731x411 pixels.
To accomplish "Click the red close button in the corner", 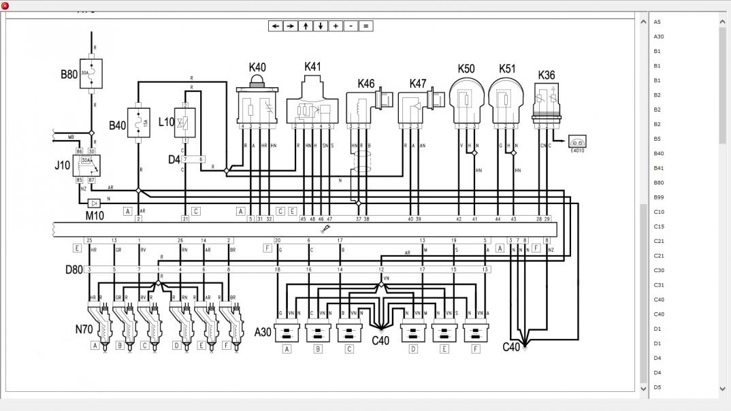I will (x=5, y=5).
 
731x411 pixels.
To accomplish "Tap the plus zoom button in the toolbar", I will (x=336, y=26).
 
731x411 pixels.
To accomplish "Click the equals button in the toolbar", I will (x=365, y=26).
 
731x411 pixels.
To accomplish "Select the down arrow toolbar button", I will (x=321, y=26).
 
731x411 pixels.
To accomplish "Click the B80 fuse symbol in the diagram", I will (x=91, y=73).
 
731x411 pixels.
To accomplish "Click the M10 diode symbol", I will (x=95, y=203).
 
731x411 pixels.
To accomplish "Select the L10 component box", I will (x=185, y=122).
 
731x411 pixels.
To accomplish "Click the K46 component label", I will (x=365, y=84).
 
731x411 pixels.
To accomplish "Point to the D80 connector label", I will (x=74, y=270).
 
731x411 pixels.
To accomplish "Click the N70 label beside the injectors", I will (x=84, y=329).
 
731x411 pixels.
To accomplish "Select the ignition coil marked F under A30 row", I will (x=476, y=334).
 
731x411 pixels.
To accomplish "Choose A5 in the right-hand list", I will (x=657, y=22).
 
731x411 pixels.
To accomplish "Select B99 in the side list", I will (x=658, y=197).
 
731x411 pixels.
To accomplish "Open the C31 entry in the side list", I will (x=658, y=285).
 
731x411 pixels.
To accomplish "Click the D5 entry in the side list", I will (x=657, y=387).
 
